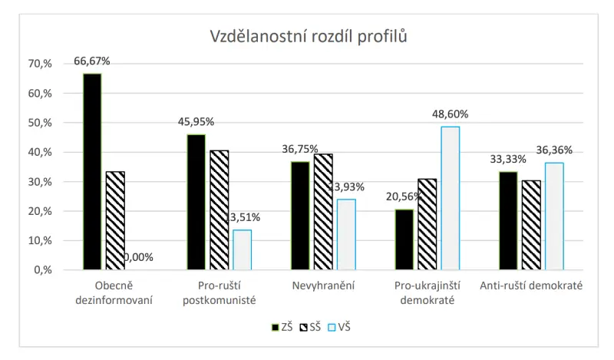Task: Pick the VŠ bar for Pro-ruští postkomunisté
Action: (x=242, y=249)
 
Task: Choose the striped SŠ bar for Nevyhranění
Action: (x=323, y=211)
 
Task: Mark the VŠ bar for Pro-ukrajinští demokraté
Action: (x=450, y=198)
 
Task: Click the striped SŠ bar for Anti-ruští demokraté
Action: (x=531, y=225)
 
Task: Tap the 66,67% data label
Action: (x=92, y=61)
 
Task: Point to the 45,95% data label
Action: (x=196, y=122)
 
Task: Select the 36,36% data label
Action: (x=554, y=150)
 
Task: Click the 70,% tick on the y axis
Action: (x=39, y=64)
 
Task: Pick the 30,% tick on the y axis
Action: (x=39, y=182)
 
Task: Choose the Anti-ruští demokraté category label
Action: (x=531, y=286)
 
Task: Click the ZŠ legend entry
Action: (x=282, y=327)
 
